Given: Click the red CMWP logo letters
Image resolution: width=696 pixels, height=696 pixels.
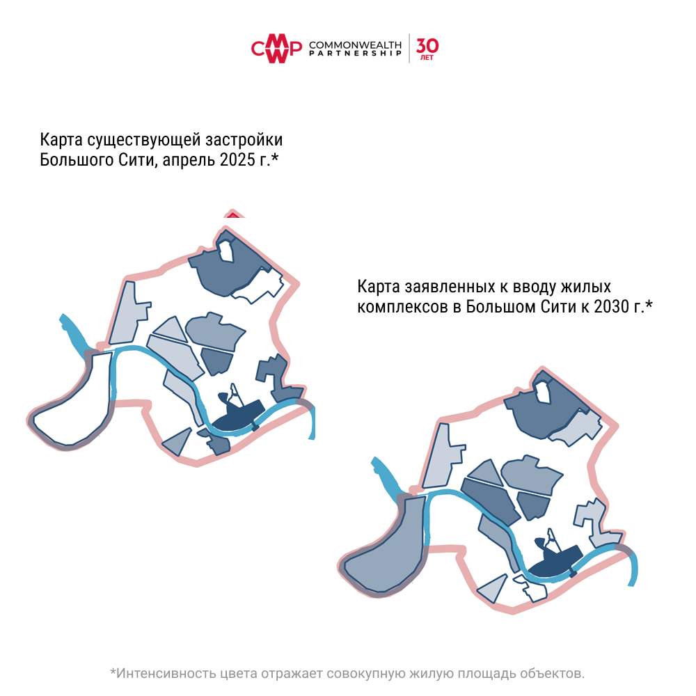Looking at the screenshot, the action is [x=276, y=49].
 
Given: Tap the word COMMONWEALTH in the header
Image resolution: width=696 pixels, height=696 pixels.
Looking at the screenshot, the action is [x=355, y=45].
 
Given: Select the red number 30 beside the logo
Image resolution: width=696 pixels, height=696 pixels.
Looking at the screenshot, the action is [x=427, y=46].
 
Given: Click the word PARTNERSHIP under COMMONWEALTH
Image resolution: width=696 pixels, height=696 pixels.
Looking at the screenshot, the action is [x=355, y=54].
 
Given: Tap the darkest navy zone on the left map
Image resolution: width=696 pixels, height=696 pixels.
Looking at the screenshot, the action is [x=237, y=415].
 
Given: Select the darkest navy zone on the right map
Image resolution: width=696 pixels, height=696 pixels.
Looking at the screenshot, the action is [x=555, y=560].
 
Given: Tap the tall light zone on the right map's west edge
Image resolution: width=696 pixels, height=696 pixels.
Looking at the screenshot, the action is [x=442, y=456].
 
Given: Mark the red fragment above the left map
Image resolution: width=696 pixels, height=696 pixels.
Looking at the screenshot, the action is [x=232, y=214].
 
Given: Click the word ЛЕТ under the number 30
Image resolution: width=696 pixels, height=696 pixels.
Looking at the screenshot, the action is [x=427, y=58].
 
